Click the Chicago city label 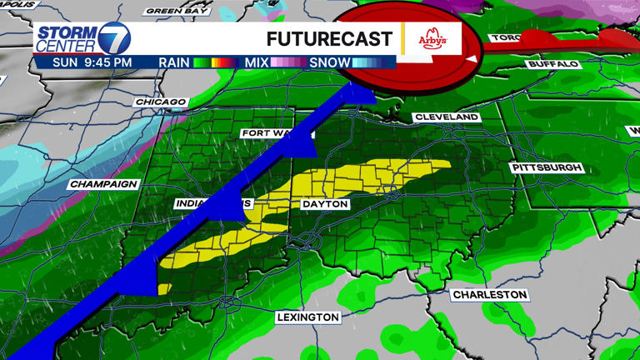pos(161,102)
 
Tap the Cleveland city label pos(447,117)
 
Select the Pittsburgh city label pos(547,167)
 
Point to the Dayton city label pos(324,204)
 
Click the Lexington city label pos(308,317)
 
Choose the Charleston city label pos(490,295)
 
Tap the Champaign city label pos(103,184)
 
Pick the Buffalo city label pos(552,64)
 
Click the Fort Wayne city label pos(267,133)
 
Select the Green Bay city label pos(176,12)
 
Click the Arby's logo pos(432,40)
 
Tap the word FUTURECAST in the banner pos(329,39)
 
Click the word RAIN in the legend pos(172,62)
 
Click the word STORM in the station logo pos(67,33)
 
